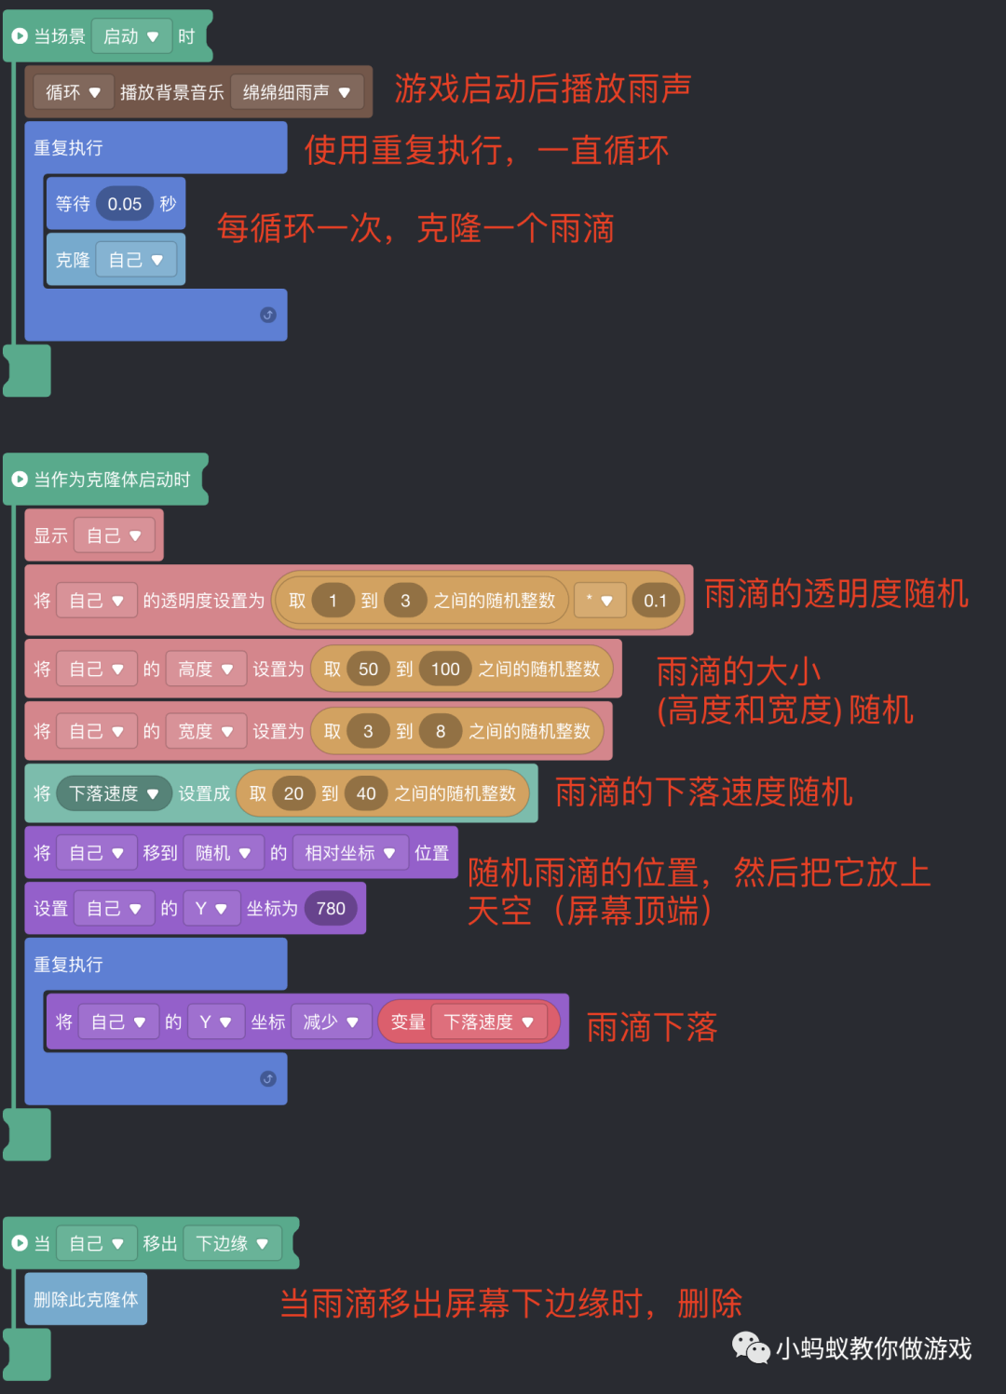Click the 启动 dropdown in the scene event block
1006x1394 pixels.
pos(130,37)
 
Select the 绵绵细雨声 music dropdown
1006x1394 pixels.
pos(296,92)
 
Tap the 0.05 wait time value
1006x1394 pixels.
pos(124,204)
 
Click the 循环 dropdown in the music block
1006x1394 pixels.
pos(73,92)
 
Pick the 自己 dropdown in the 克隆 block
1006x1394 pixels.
pos(135,260)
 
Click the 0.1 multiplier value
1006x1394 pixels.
pos(655,601)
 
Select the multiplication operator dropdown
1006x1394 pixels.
pos(599,601)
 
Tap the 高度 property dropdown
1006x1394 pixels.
pos(205,669)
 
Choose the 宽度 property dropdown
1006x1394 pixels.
pos(205,731)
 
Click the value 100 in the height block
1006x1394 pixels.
pos(445,669)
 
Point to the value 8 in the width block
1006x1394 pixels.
pos(441,731)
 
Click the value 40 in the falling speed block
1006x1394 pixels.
pos(366,793)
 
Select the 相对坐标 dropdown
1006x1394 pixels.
pos(349,853)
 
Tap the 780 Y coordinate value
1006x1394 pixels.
pos(331,909)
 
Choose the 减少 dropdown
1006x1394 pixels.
pos(331,1022)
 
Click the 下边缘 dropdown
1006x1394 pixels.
pos(232,1243)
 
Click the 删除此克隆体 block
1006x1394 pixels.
pos(86,1299)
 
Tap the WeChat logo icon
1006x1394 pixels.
pos(750,1347)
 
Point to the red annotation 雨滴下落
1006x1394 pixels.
pos(652,1028)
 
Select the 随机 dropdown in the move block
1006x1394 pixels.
pos(223,853)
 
